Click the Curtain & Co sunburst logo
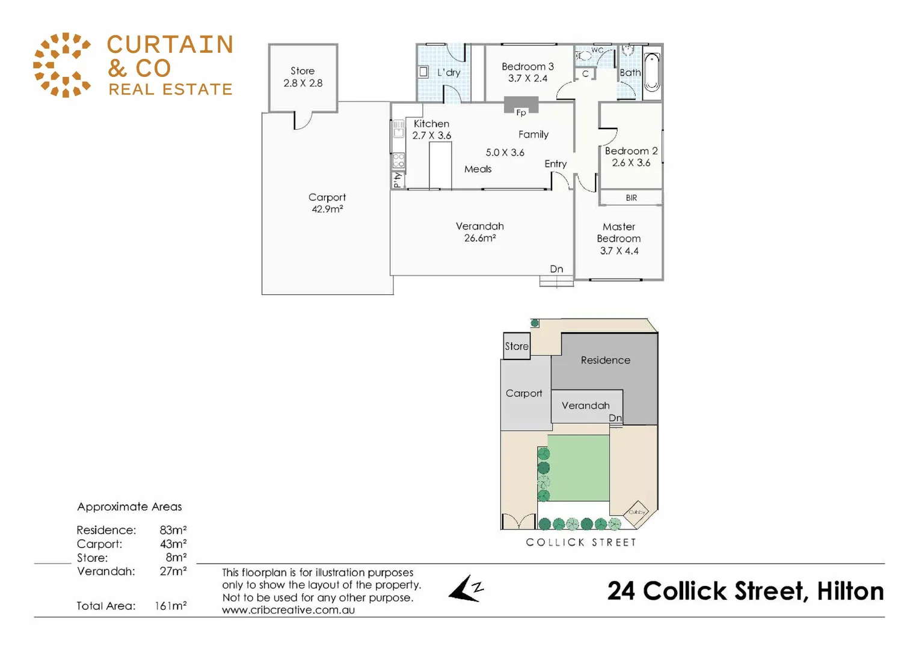[x=62, y=65]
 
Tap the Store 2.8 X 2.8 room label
[x=303, y=77]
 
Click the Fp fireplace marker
[x=521, y=112]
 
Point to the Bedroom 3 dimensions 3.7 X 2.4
[x=527, y=78]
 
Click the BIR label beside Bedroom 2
[x=631, y=198]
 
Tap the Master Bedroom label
[x=619, y=233]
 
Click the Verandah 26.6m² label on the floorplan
[x=479, y=232]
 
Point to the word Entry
[x=555, y=163]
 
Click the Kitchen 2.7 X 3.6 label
[x=431, y=129]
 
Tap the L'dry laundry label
[x=449, y=73]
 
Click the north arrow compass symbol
[x=466, y=588]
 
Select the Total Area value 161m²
[x=170, y=606]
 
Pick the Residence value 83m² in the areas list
[x=173, y=530]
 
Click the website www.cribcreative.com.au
[x=288, y=610]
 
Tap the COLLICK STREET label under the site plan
[x=581, y=542]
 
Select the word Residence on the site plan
[x=605, y=360]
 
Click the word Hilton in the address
[x=850, y=591]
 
